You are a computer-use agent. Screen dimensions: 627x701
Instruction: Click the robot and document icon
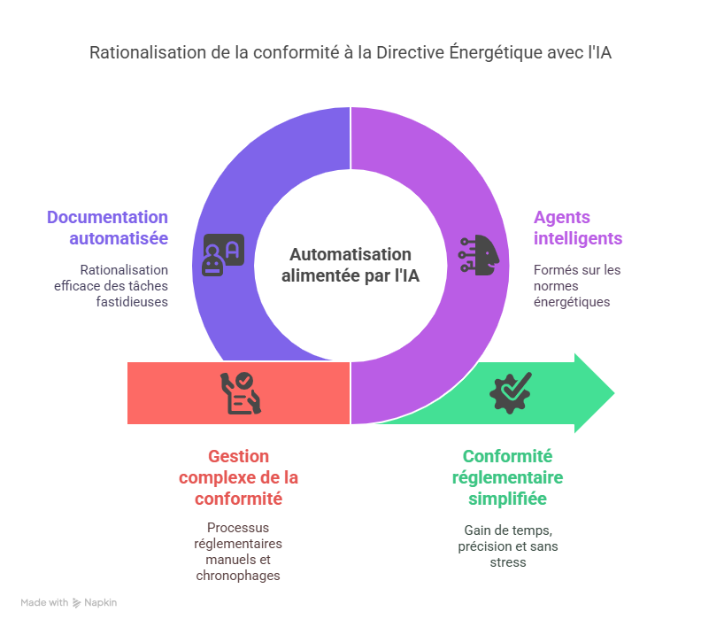point(222,255)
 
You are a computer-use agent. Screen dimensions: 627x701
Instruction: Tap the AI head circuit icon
point(479,255)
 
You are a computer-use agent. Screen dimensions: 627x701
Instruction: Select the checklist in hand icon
point(240,392)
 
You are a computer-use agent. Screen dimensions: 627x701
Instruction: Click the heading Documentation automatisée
point(107,228)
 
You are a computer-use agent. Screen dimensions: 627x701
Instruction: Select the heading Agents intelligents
point(577,228)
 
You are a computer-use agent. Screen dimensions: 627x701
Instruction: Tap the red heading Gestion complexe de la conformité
point(238,477)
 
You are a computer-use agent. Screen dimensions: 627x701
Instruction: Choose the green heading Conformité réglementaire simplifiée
point(507,477)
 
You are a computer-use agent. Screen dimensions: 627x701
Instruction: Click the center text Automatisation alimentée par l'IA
point(350,265)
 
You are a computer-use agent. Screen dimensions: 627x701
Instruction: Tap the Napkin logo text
point(100,602)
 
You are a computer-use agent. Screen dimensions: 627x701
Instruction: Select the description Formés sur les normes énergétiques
point(577,285)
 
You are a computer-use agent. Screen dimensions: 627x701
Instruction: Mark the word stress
point(508,561)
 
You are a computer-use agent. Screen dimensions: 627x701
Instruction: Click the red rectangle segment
point(177,392)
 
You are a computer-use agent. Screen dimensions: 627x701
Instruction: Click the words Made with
point(44,602)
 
